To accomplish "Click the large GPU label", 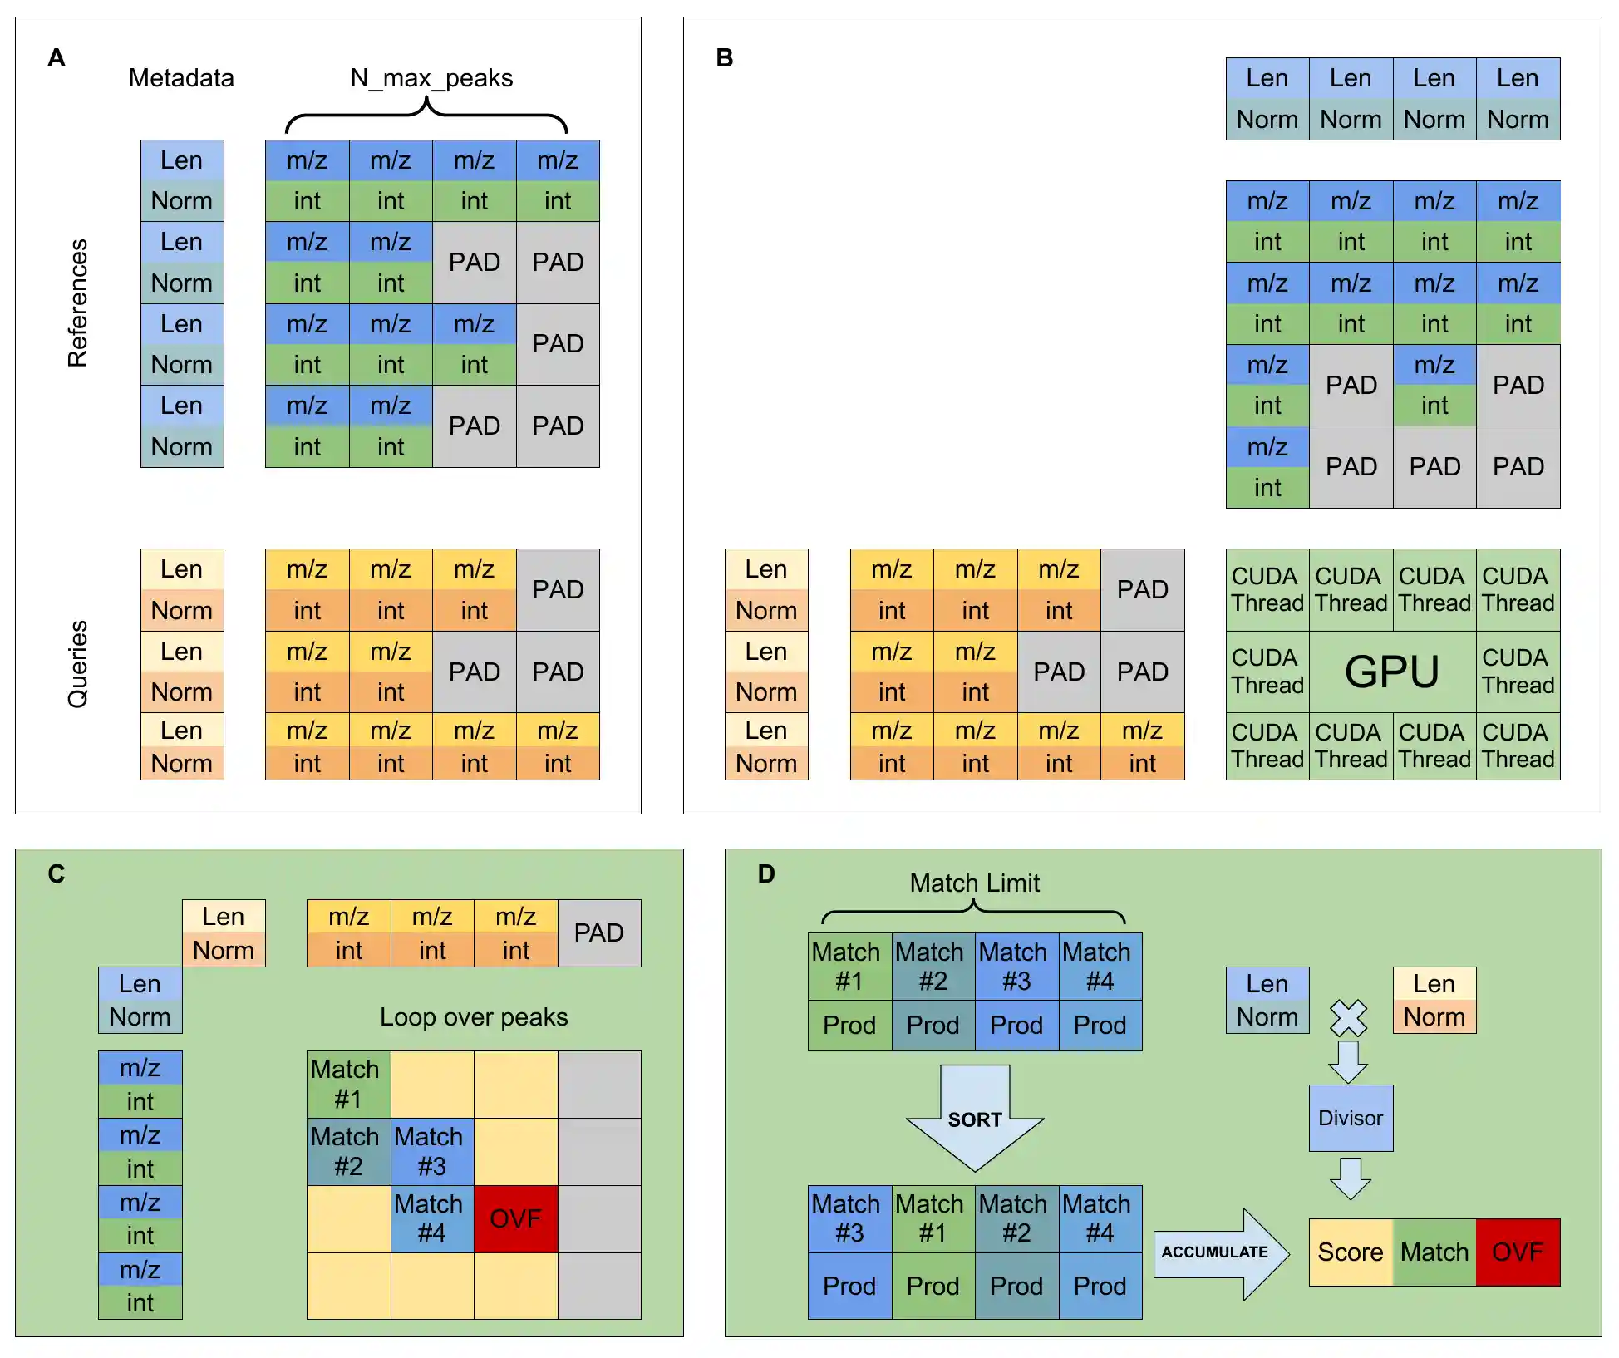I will point(1392,672).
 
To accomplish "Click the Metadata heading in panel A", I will point(181,78).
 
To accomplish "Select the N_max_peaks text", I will point(431,78).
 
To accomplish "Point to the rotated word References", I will point(77,303).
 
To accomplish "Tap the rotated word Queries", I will point(77,664).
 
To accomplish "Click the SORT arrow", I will point(975,1119).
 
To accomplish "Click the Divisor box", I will point(1351,1118).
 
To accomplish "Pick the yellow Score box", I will point(1351,1252).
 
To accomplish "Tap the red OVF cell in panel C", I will point(515,1218).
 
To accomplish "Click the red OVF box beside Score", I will point(1518,1252).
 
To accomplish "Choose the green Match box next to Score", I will point(1434,1252).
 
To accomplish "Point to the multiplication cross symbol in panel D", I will point(1348,1017).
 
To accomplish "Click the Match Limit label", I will point(974,883).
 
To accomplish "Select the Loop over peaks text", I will point(474,1017).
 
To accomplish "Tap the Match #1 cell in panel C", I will point(348,1084).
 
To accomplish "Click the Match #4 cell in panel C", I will point(431,1218).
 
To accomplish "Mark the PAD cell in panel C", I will point(599,932).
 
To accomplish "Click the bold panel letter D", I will point(766,873).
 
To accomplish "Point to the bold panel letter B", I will point(725,58).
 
